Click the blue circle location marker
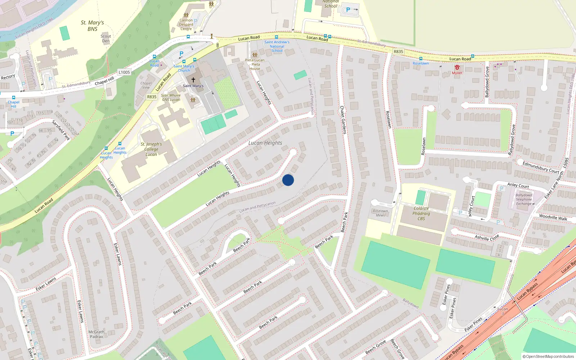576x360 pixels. pos(288,180)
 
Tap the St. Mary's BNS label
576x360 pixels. pos(92,26)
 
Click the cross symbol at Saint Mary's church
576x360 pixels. pos(193,80)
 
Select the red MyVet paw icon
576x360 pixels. pos(457,67)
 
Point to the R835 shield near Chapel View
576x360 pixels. pos(152,97)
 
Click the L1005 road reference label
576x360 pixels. pos(124,72)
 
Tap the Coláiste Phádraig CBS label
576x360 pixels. pos(421,213)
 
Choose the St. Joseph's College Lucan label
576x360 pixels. pos(151,149)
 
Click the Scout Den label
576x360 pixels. pos(106,39)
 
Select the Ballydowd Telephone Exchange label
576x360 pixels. pos(523,199)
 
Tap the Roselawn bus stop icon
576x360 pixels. pos(420,59)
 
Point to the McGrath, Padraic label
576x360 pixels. pos(96,334)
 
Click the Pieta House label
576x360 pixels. pos(255,64)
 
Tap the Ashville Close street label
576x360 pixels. pos(487,237)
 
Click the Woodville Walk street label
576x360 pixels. pos(553,217)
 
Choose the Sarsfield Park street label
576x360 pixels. pos(61,130)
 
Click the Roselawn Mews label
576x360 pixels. pos(381,213)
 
